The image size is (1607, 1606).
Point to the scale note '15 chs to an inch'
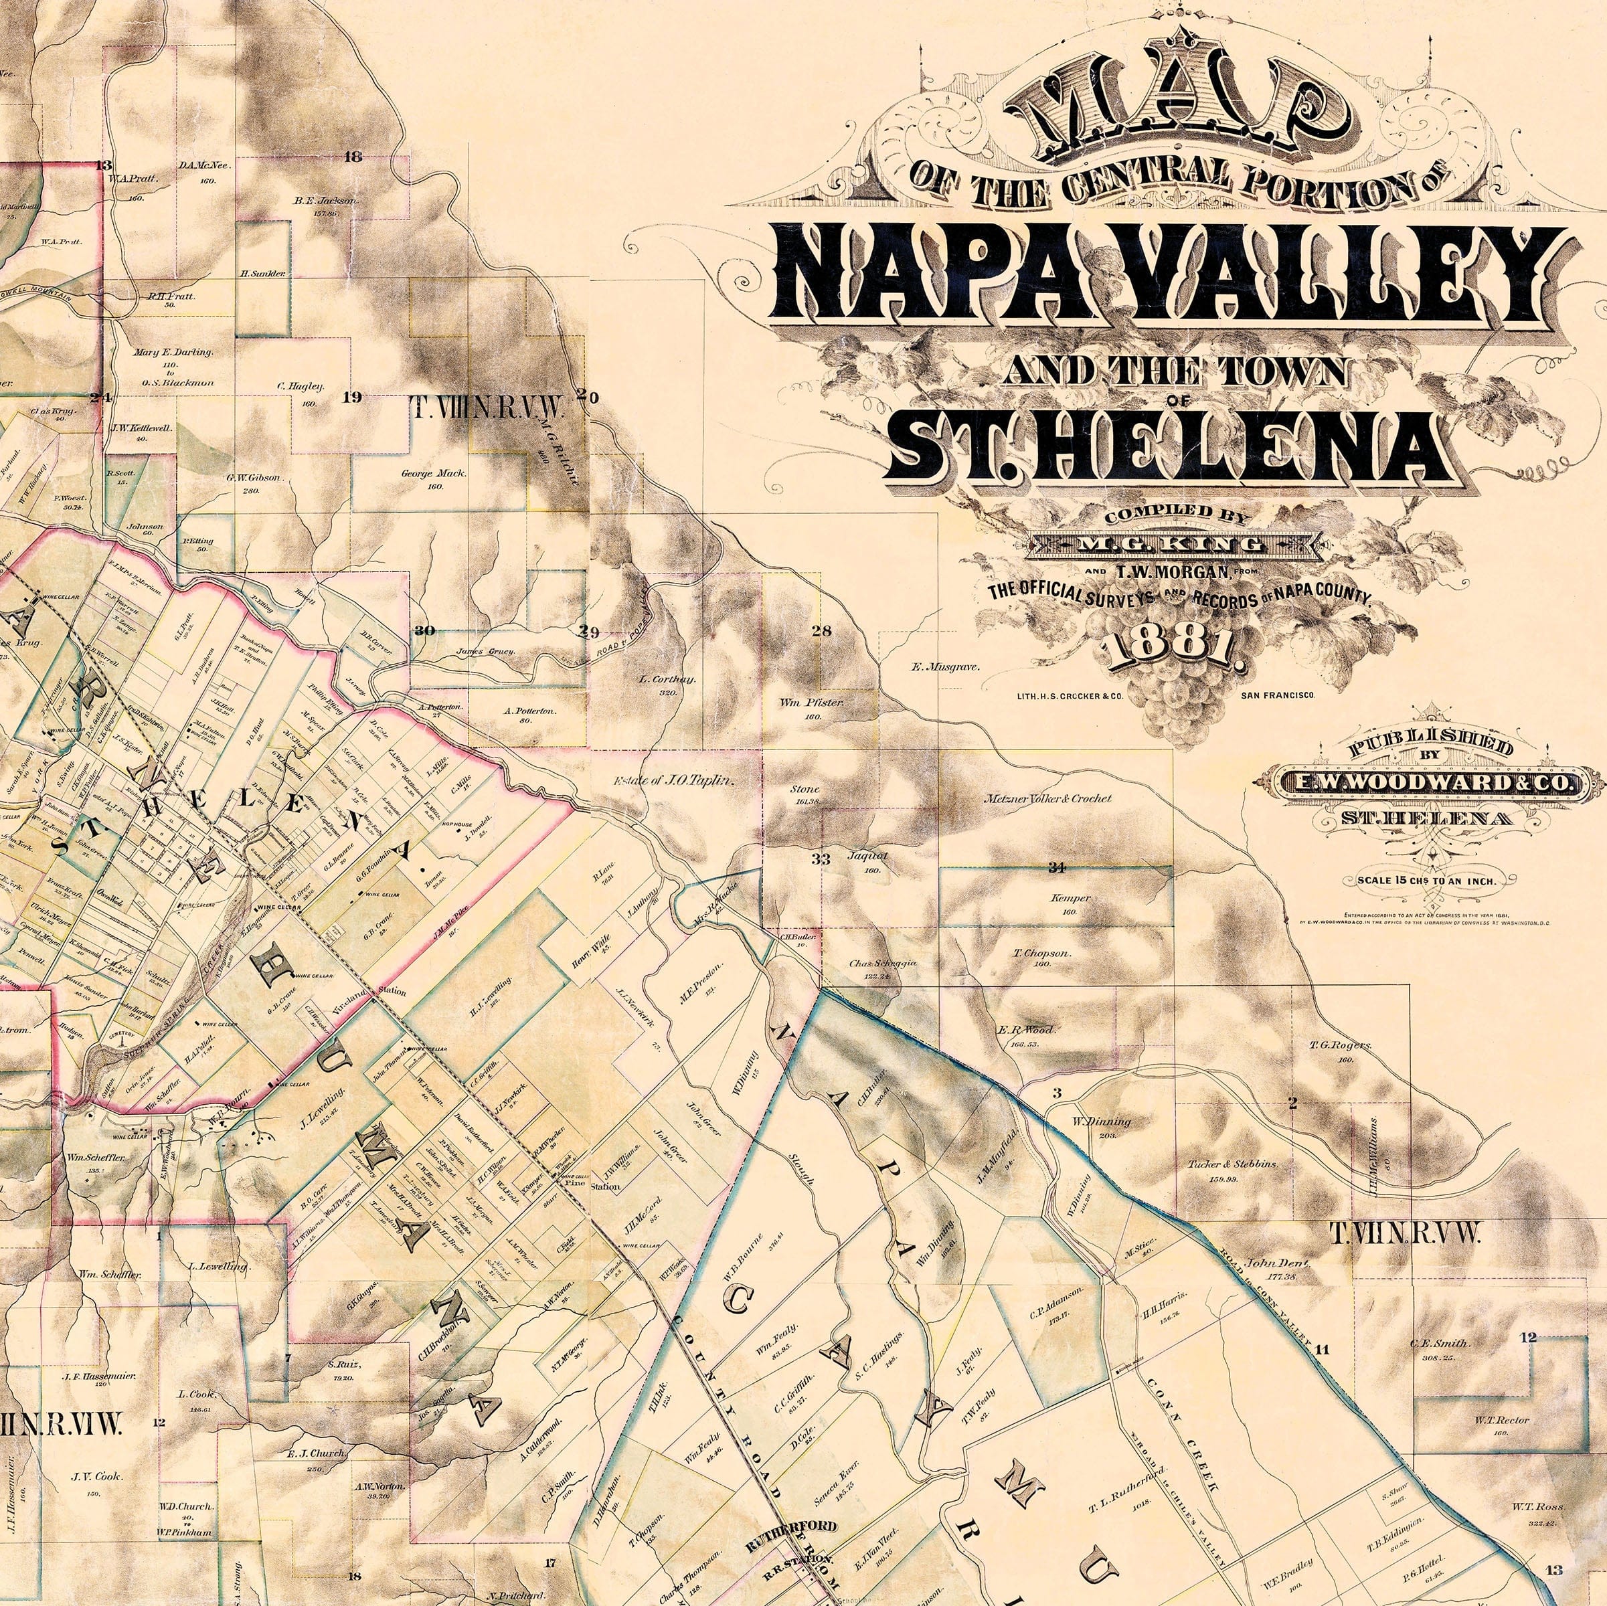coord(1426,880)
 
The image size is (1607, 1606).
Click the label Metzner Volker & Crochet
coord(1047,798)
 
